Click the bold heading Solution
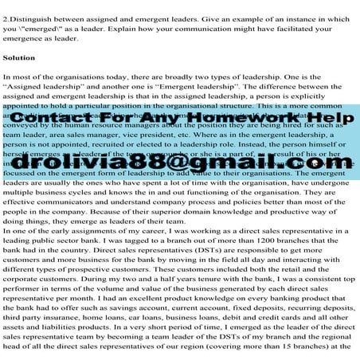(x=18, y=58)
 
